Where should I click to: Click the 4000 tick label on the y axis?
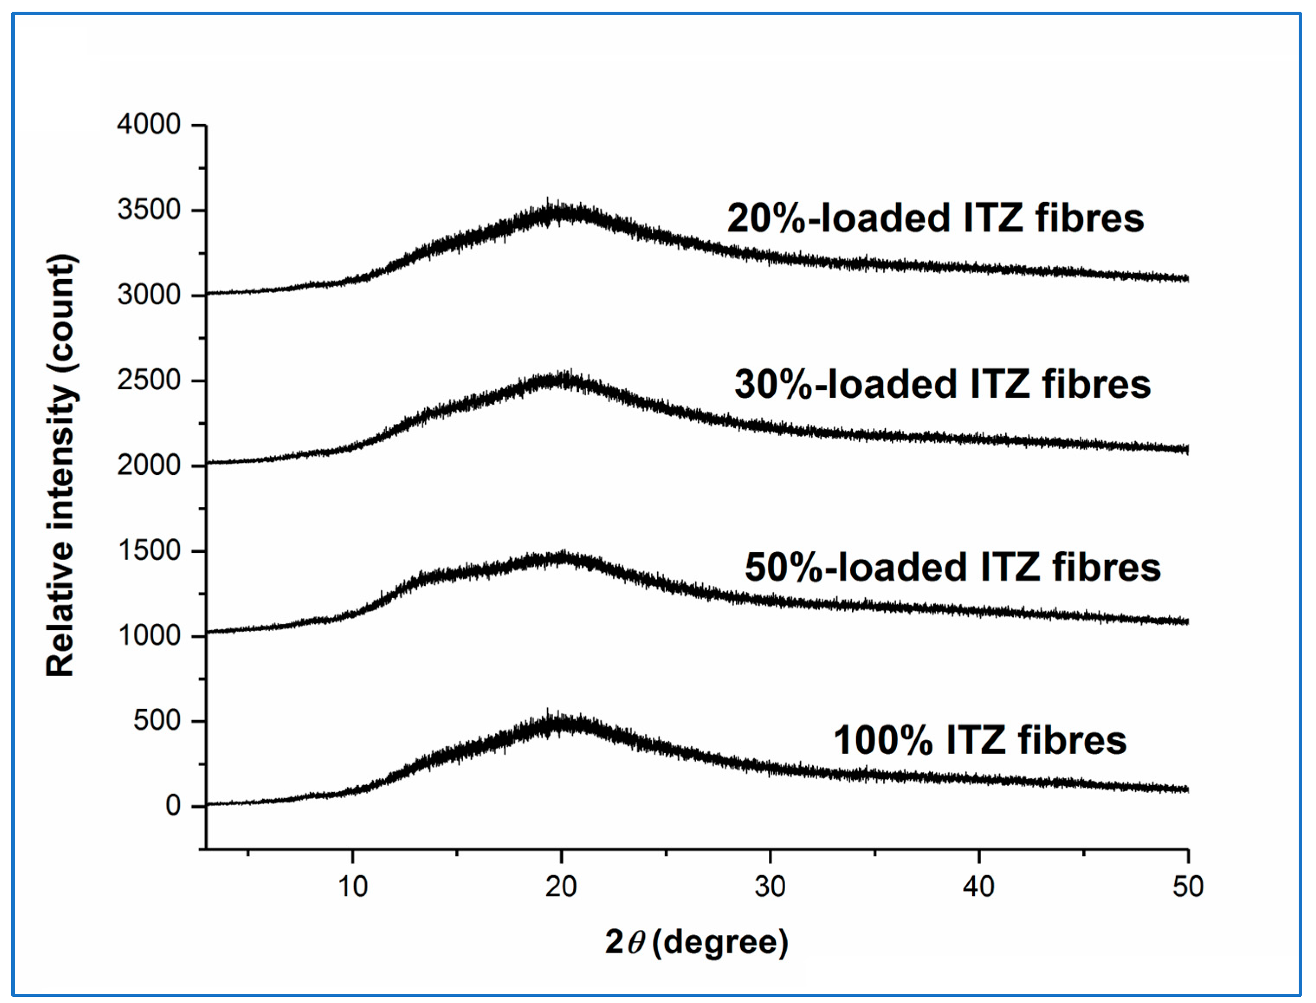[x=148, y=125]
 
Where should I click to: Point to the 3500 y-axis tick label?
[x=148, y=210]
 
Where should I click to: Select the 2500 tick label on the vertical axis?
[x=148, y=381]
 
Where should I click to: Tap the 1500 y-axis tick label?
[x=148, y=551]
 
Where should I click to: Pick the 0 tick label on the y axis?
[x=173, y=806]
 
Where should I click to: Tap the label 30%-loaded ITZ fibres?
[x=942, y=384]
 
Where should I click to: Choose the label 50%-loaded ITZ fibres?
[x=952, y=567]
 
